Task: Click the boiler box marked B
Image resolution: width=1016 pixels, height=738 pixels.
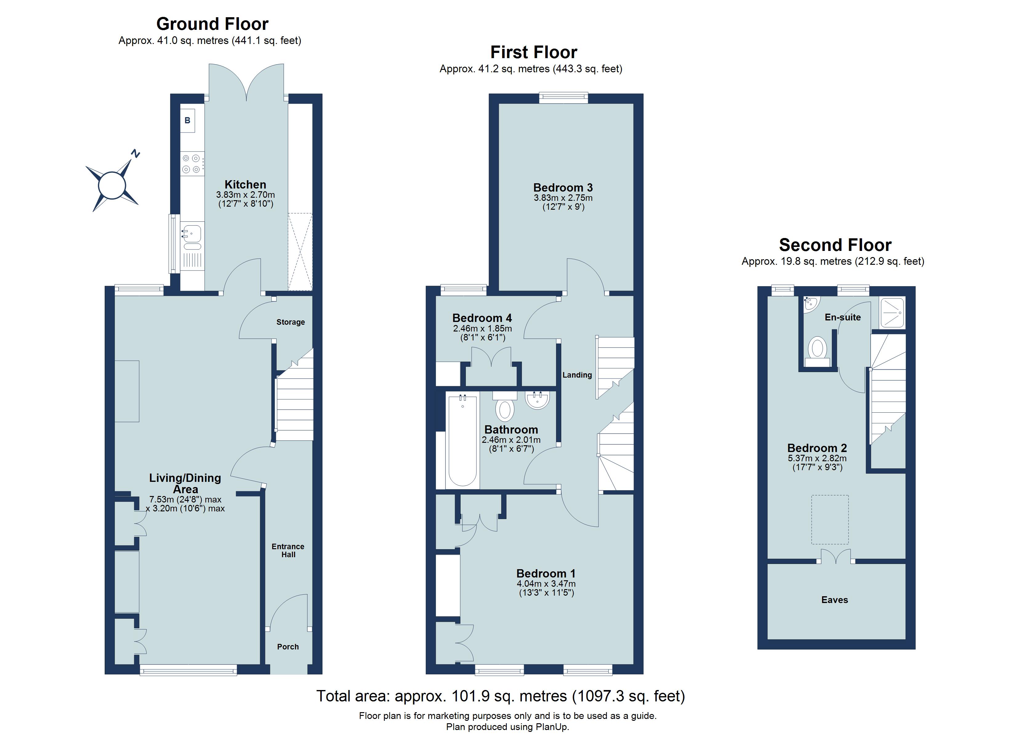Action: coord(188,121)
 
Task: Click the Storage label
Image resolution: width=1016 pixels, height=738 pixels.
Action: coord(290,322)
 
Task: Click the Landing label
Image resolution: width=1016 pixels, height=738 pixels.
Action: coord(577,375)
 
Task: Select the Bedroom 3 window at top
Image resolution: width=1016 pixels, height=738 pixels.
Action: coord(563,97)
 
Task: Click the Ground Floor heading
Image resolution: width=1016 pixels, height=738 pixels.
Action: coord(212,24)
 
